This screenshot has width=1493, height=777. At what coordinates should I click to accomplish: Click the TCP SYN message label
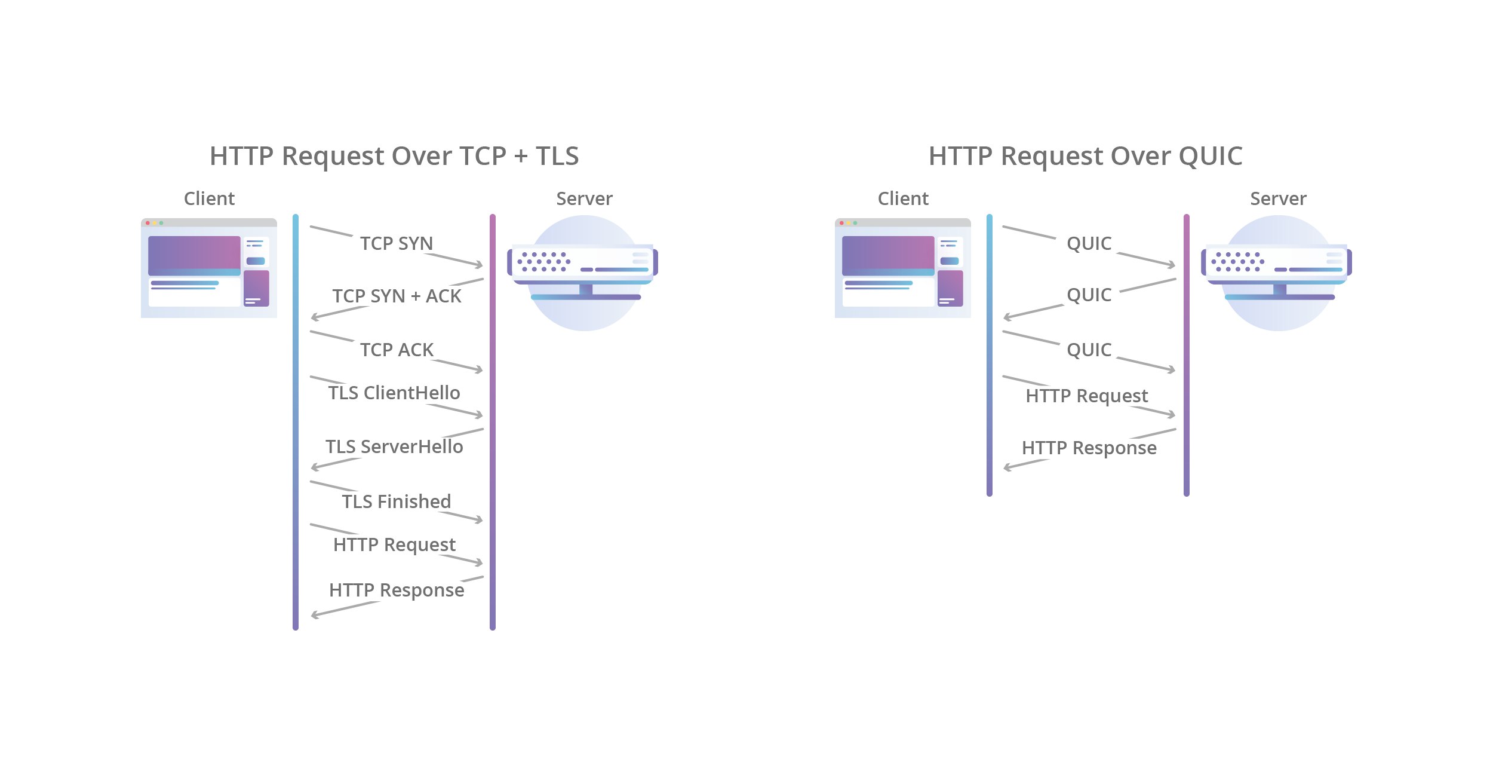[397, 243]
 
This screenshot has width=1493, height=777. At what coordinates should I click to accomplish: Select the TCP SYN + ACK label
[397, 296]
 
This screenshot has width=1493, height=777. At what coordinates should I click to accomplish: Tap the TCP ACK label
[397, 350]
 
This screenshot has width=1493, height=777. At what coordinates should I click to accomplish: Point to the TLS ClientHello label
[394, 393]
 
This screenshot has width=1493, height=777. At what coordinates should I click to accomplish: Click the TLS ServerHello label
[394, 446]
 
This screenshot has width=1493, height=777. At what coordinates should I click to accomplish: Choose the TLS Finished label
[397, 501]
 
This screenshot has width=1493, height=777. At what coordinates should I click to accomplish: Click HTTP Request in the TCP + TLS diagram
[394, 545]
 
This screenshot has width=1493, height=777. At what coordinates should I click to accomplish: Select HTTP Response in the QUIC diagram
[1089, 448]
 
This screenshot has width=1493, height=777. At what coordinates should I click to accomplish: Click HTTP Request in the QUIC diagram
[1087, 396]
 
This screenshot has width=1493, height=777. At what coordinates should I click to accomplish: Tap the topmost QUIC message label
[1089, 244]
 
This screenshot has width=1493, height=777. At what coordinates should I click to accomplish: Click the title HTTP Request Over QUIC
[1086, 156]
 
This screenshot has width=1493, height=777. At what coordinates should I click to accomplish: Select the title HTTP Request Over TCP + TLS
[394, 156]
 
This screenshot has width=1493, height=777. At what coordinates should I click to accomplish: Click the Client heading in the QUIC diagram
[903, 198]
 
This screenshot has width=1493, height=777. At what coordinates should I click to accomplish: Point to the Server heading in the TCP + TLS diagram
[584, 198]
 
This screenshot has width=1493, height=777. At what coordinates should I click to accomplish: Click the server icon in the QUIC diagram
[1277, 273]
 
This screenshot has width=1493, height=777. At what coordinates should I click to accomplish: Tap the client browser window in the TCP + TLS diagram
[209, 268]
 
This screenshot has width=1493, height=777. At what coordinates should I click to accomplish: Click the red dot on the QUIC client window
[841, 223]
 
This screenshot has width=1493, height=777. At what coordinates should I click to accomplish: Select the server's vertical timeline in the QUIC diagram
[1187, 355]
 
